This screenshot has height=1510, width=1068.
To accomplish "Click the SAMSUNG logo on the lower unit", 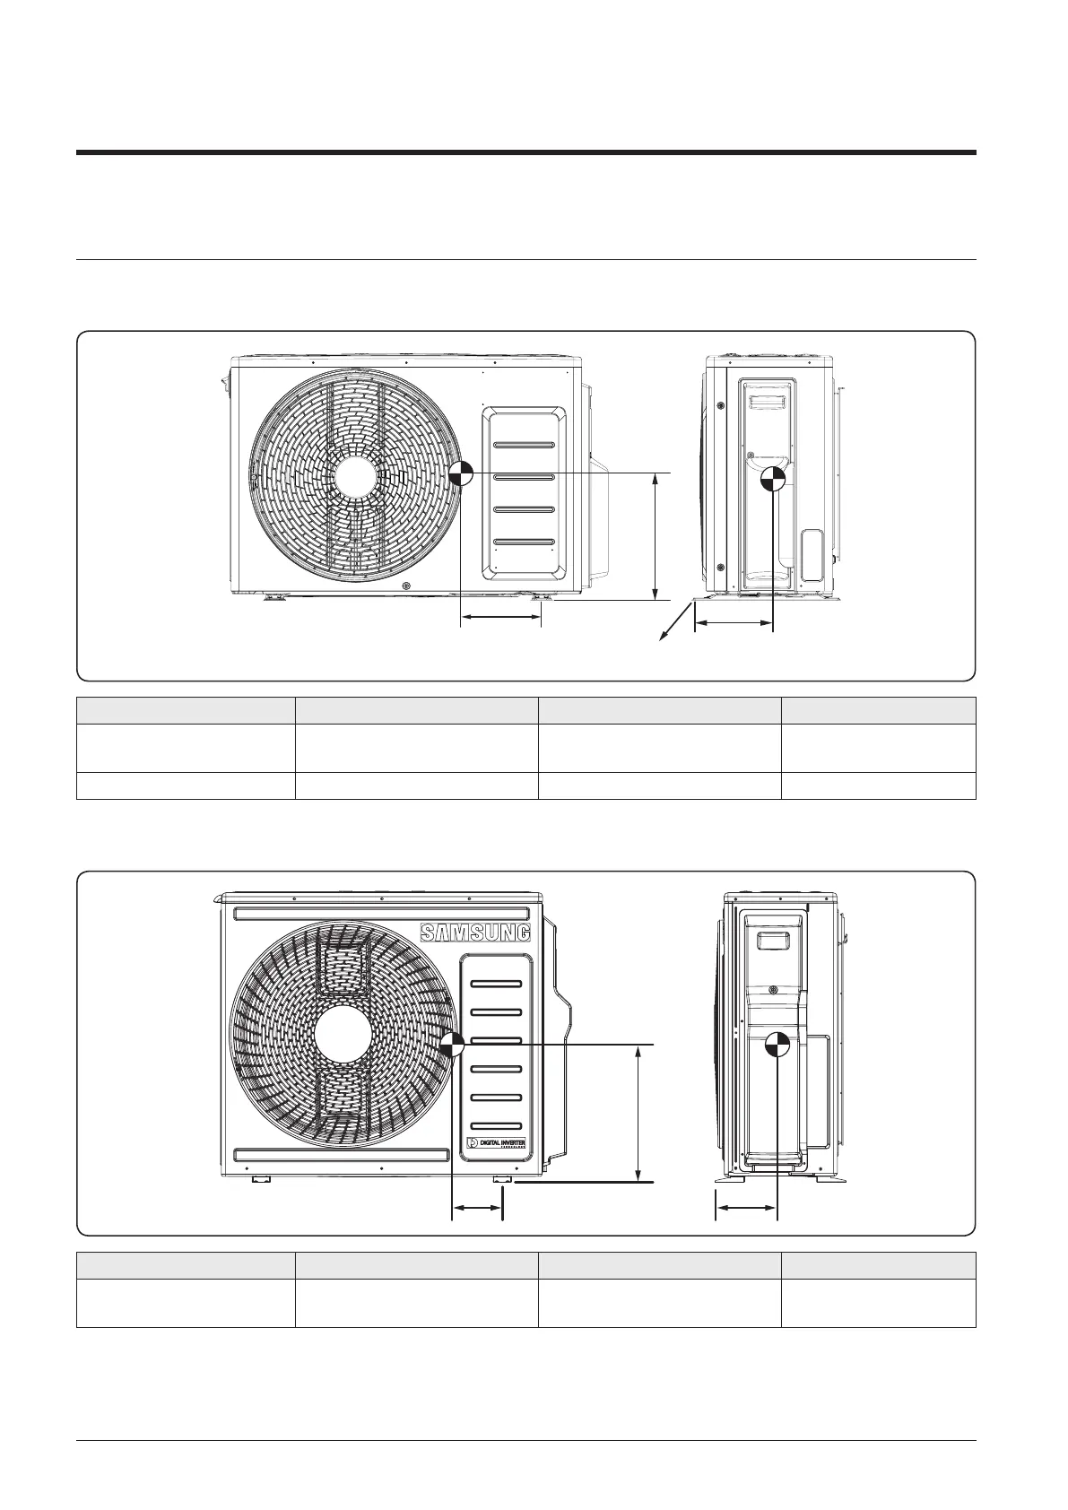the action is (x=475, y=933).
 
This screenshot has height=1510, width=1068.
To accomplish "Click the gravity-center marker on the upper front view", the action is (x=460, y=473).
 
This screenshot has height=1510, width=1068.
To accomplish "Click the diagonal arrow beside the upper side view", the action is (x=677, y=623).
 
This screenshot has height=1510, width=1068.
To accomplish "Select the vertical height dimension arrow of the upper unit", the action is (x=656, y=536).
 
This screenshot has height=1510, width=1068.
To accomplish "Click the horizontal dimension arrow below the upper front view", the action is (x=500, y=616).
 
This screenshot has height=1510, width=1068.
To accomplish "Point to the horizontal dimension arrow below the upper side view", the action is (x=733, y=620).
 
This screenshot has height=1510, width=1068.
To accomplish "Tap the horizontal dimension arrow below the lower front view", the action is (x=476, y=1210).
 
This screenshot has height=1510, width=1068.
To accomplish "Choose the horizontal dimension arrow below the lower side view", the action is (x=745, y=1210).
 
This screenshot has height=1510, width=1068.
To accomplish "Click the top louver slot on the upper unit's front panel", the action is (x=524, y=445).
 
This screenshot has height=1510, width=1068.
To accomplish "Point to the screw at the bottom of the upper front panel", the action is (x=406, y=586).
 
